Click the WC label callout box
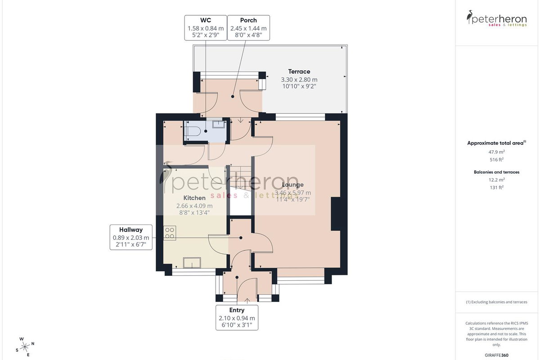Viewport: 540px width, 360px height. (205, 28)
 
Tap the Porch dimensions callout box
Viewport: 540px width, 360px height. (248, 28)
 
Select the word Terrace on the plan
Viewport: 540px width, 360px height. (299, 72)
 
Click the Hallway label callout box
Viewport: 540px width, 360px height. (131, 237)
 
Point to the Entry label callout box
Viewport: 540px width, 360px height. (237, 318)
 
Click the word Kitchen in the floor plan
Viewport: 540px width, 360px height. (194, 198)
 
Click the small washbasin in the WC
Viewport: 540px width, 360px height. (218, 124)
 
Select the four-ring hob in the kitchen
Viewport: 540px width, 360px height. (170, 233)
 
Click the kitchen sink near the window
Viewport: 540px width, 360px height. (192, 263)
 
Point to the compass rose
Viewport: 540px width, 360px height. (25, 347)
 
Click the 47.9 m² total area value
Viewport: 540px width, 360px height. (497, 152)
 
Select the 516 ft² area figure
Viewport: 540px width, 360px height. (497, 160)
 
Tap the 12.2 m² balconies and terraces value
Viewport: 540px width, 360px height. (497, 180)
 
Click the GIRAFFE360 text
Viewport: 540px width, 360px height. (497, 355)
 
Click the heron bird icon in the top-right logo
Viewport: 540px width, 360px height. (469, 17)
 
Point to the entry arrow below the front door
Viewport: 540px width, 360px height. (247, 301)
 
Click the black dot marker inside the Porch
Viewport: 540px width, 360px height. (233, 96)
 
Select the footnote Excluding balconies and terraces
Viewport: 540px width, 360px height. (497, 302)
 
